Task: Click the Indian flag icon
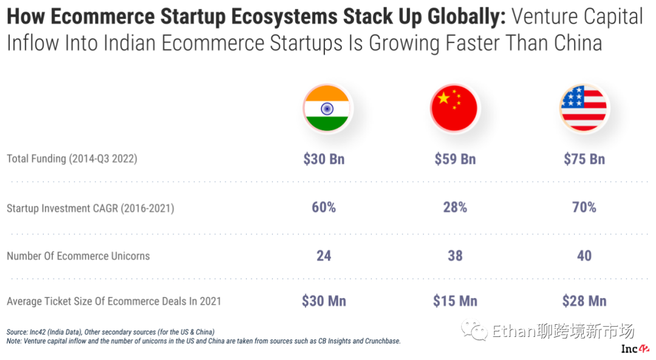tap(327, 109)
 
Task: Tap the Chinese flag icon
tap(454, 109)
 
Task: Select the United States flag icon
tap(584, 109)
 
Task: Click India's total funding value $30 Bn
tap(324, 159)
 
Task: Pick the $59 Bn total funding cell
tap(455, 159)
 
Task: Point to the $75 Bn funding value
tap(584, 159)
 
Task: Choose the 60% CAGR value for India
tap(324, 208)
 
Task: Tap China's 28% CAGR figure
tap(455, 208)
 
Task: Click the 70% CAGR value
tap(584, 208)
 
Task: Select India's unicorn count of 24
tap(324, 256)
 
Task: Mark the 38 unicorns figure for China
tap(455, 256)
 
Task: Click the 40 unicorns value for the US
tap(584, 256)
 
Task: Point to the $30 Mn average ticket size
tap(324, 301)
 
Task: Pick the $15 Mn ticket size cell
tap(455, 301)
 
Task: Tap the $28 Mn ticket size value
tap(584, 301)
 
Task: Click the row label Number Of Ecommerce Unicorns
tap(78, 256)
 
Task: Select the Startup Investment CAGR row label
tap(91, 208)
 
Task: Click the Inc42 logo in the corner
tap(635, 349)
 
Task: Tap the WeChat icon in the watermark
tap(474, 331)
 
